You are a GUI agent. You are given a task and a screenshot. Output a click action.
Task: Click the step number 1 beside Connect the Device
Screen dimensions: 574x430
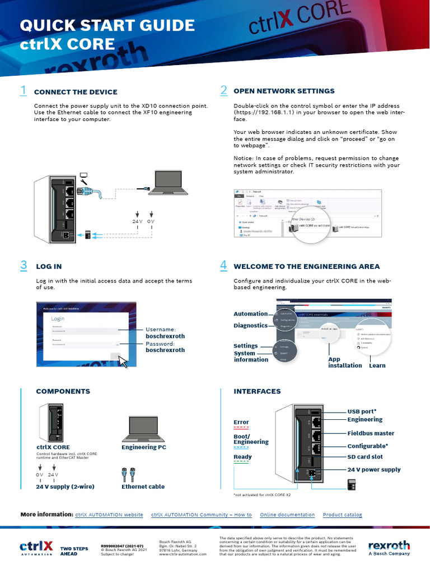tap(23, 90)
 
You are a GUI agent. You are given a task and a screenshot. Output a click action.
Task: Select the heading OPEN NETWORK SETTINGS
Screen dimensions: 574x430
tap(284, 91)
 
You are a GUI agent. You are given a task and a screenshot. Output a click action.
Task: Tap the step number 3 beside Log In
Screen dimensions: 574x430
tap(23, 266)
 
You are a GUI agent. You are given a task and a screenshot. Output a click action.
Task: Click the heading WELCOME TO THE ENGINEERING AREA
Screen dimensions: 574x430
tap(306, 266)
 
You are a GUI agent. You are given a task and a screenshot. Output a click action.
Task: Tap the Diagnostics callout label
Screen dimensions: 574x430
tap(250, 325)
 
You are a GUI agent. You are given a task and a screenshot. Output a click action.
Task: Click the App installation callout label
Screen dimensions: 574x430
tap(344, 362)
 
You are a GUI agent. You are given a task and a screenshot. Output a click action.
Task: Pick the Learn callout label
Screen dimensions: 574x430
tap(377, 365)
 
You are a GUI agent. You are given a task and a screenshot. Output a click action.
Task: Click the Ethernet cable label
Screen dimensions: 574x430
tap(143, 487)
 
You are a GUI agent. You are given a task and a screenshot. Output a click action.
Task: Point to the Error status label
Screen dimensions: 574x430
tap(241, 422)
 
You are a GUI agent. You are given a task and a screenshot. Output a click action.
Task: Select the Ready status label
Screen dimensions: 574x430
tap(242, 457)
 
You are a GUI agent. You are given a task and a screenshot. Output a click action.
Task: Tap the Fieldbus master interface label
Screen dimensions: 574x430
tap(371, 433)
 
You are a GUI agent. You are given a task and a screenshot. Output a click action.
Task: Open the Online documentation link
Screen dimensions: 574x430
tap(287, 515)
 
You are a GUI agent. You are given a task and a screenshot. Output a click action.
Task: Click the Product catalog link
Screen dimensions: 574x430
tap(342, 515)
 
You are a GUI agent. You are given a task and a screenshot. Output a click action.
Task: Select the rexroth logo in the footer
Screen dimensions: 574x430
tap(389, 547)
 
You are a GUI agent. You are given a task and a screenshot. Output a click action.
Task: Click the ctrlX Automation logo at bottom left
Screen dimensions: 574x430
tap(36, 547)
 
